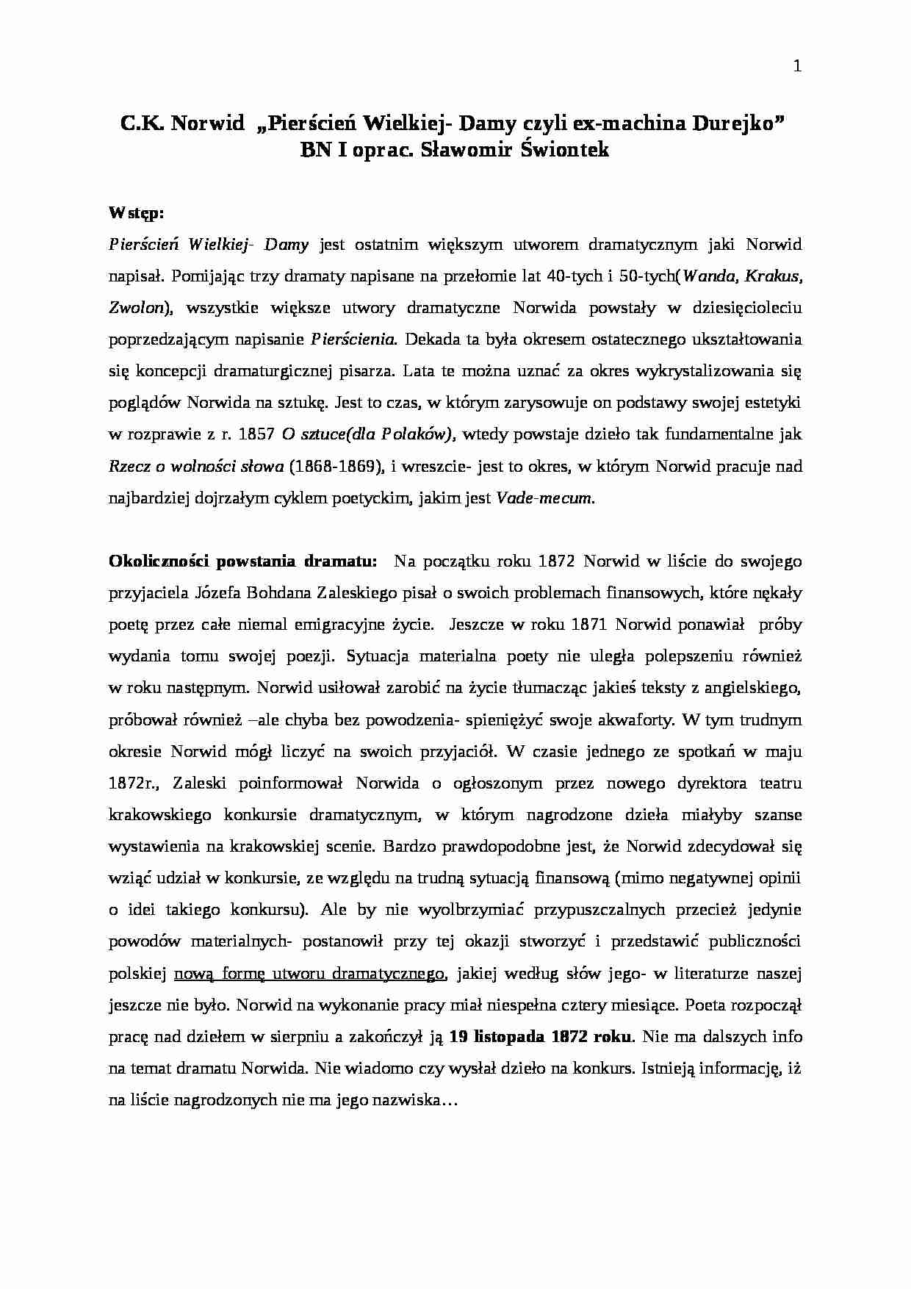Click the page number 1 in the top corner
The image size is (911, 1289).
click(x=797, y=67)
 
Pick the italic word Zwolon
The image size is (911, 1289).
click(x=136, y=308)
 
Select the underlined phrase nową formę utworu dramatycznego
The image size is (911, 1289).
click(x=309, y=974)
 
